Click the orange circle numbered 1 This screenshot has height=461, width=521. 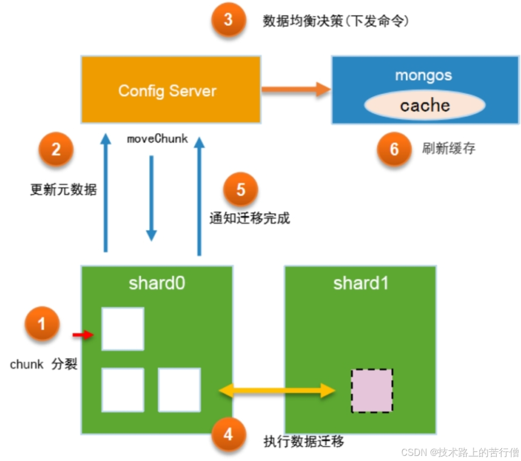click(x=41, y=324)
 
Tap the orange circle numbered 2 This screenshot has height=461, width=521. click(x=56, y=150)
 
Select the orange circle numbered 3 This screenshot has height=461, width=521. click(x=228, y=20)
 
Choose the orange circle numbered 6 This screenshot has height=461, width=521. click(x=394, y=149)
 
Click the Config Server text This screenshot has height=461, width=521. click(x=167, y=91)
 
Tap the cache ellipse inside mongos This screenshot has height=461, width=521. click(x=424, y=106)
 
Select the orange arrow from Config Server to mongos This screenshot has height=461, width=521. click(x=296, y=89)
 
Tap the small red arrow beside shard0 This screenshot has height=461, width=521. click(x=83, y=336)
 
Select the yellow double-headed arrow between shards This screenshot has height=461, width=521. click(x=277, y=390)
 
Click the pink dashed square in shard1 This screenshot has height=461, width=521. click(x=372, y=390)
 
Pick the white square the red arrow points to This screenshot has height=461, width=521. click(x=123, y=329)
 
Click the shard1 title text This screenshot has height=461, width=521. click(x=361, y=283)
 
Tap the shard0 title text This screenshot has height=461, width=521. click(x=157, y=283)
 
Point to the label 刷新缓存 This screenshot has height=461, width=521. click(x=449, y=149)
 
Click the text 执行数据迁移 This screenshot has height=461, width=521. click(x=303, y=441)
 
